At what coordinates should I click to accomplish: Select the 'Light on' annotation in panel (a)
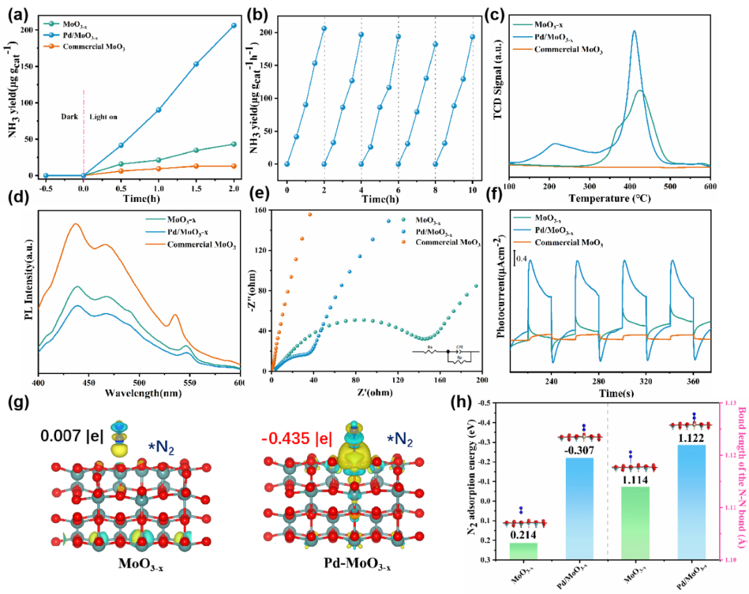click(x=104, y=118)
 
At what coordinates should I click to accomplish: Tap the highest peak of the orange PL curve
click(x=74, y=223)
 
